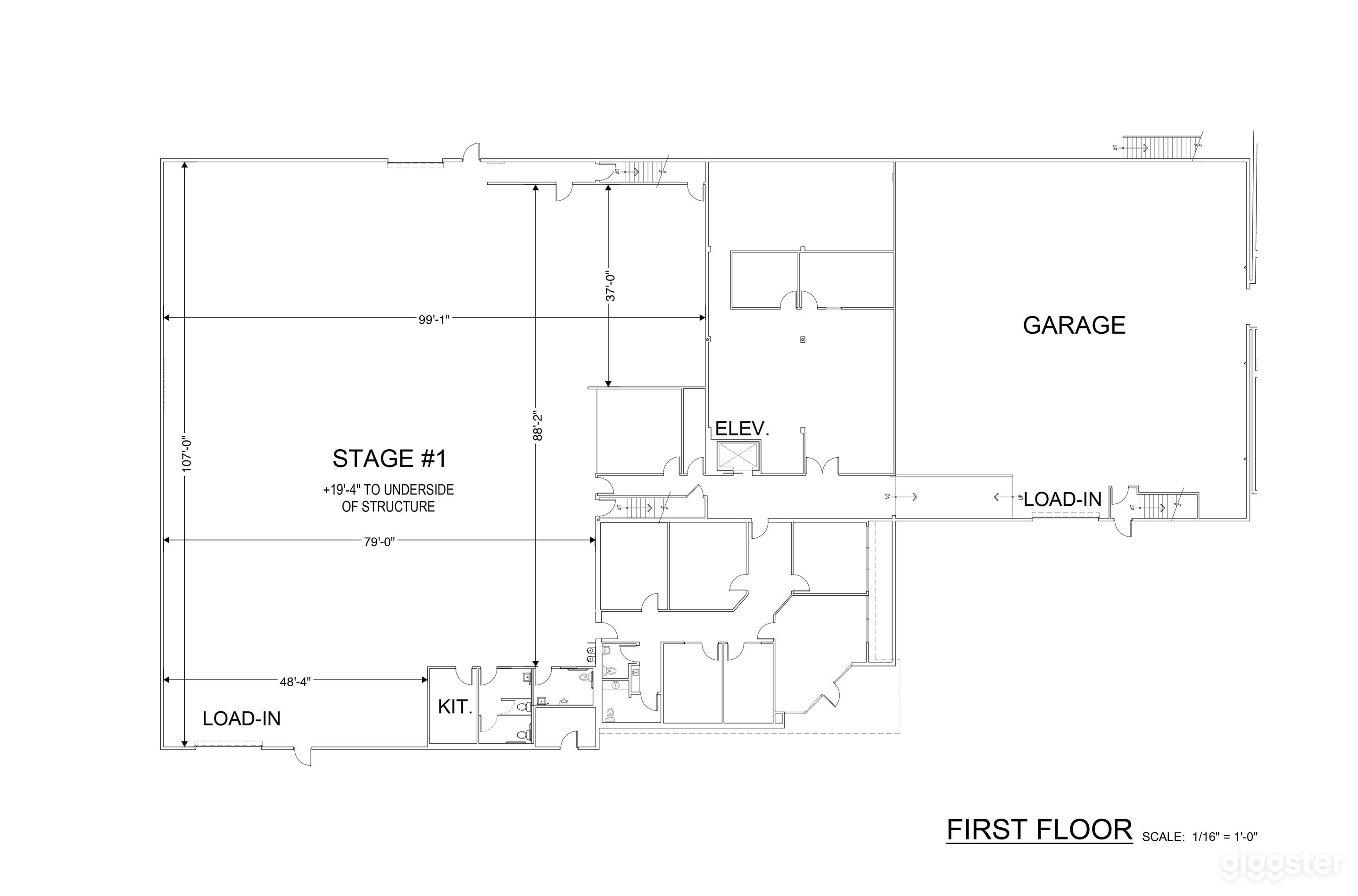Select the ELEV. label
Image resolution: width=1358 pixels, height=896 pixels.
pyautogui.click(x=742, y=428)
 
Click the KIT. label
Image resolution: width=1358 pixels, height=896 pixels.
pyautogui.click(x=455, y=707)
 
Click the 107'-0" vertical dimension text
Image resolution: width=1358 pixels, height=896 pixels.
pyautogui.click(x=186, y=454)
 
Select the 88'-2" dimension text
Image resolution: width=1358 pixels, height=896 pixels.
pyautogui.click(x=537, y=426)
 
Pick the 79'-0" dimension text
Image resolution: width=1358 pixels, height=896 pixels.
pyautogui.click(x=380, y=542)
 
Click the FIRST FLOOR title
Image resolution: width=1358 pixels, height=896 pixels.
pyautogui.click(x=1039, y=830)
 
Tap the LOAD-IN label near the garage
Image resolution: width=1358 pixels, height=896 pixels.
pyautogui.click(x=1062, y=500)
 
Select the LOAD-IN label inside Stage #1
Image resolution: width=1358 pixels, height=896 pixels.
pyautogui.click(x=242, y=719)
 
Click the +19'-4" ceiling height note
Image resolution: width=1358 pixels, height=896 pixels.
pyautogui.click(x=388, y=498)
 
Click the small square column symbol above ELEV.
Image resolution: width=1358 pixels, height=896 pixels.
pyautogui.click(x=803, y=339)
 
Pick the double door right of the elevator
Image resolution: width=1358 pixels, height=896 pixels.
pyautogui.click(x=822, y=468)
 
